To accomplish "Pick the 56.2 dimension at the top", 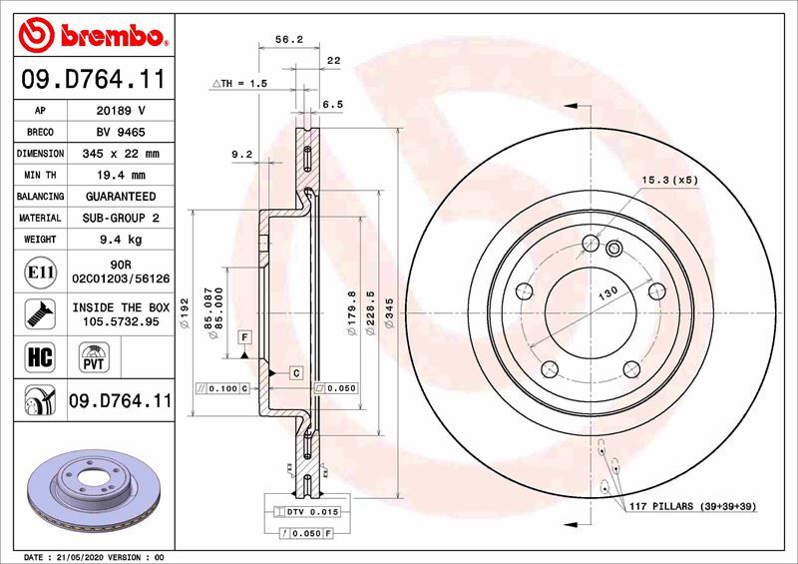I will click(288, 41).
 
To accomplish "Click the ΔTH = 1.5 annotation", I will click(239, 85).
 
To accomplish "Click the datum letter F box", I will click(243, 339).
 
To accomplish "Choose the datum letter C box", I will click(296, 372).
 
